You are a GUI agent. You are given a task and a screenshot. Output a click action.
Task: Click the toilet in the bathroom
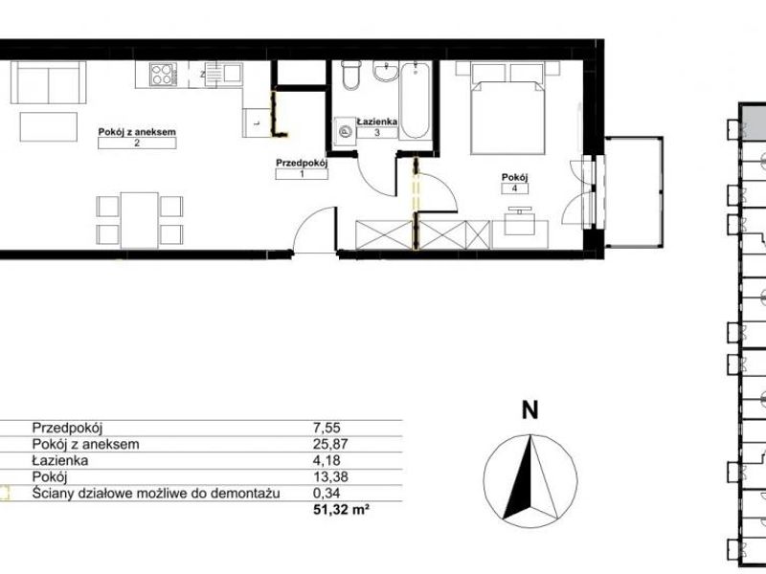350,75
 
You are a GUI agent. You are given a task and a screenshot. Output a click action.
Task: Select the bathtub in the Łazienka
415,100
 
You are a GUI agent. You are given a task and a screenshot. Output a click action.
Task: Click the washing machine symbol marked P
345,131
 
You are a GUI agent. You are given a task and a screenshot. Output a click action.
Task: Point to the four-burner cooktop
162,75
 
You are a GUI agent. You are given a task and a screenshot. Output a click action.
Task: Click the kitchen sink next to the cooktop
223,75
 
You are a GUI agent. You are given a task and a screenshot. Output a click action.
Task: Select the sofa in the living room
49,82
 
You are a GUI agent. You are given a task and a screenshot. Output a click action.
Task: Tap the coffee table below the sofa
49,127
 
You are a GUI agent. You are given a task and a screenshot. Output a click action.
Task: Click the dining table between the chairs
139,220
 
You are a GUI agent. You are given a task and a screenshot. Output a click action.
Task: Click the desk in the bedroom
520,234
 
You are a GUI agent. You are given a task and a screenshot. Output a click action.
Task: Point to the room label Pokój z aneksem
137,132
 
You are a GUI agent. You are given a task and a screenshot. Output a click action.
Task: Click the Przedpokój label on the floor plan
302,163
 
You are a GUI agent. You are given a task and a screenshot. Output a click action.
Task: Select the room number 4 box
515,188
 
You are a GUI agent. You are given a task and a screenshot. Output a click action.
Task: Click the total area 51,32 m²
341,510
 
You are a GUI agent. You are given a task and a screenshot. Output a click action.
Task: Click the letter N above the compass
530,409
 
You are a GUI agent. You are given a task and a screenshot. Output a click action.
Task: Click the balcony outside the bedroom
634,192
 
